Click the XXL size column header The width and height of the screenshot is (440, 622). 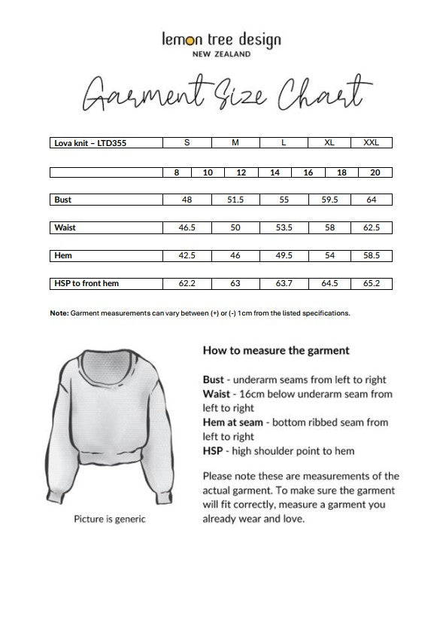tap(371, 142)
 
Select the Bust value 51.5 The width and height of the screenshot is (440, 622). tap(235, 200)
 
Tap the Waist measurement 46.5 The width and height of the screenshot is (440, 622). tap(187, 227)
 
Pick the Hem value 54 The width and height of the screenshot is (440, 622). tap(329, 255)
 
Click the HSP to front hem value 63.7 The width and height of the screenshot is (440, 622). tap(283, 284)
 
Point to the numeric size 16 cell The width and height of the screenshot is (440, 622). tap(308, 172)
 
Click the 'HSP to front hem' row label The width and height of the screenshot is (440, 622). tap(86, 284)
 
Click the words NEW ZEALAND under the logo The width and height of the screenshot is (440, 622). tap(221, 54)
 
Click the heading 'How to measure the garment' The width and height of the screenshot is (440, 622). tap(276, 350)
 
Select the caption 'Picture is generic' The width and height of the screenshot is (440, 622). tap(109, 519)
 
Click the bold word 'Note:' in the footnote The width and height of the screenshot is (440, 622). tap(59, 313)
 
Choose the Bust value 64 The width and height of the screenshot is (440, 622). tap(371, 200)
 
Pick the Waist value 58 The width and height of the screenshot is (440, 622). tap(329, 227)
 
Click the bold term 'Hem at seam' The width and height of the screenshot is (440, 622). tap(234, 422)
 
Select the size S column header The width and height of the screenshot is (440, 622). tap(187, 142)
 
